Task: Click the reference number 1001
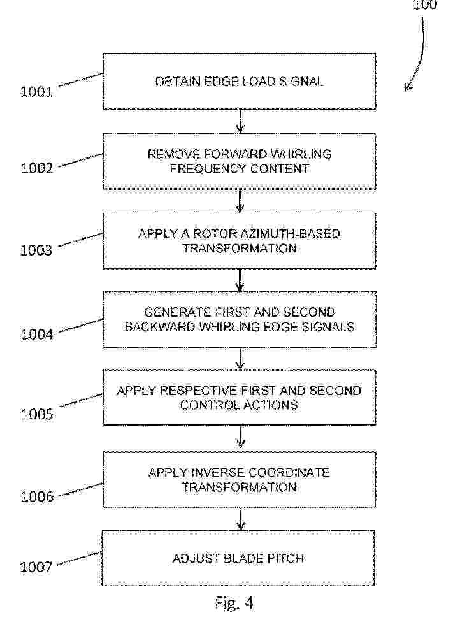point(36,92)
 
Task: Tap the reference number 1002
point(37,168)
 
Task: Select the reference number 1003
point(36,250)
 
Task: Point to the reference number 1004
point(37,334)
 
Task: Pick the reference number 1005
point(37,414)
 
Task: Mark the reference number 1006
point(37,496)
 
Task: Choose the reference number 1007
point(36,567)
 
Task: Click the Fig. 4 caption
point(234,603)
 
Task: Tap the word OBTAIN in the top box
point(178,82)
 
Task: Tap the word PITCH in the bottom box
point(285,558)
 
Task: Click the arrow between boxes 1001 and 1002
point(240,121)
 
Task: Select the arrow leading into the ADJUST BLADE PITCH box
point(241,519)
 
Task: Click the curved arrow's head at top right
point(407,88)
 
